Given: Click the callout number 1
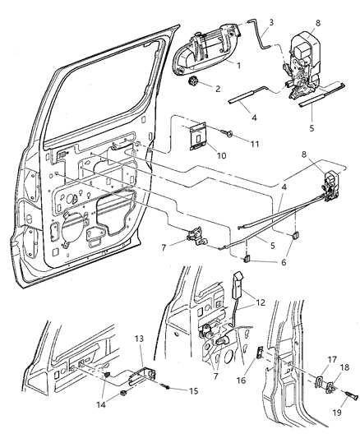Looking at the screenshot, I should coord(238,64).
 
